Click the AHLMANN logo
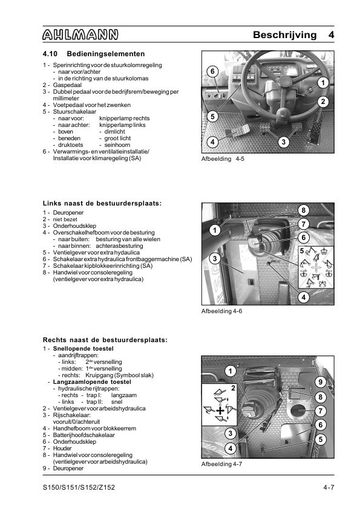pos(80,34)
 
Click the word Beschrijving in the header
pos(284,34)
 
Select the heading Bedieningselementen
pos(106,54)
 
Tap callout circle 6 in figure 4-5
pos(212,71)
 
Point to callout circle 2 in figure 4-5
pos(322,102)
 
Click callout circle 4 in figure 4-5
pos(212,142)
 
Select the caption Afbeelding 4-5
pos(223,159)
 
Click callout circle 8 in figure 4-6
pos(304,210)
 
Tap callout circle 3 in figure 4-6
pos(215,259)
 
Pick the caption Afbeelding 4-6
pos(222,311)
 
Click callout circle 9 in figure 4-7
pos(320,382)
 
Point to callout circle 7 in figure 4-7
pos(320,411)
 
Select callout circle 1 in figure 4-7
pos(231,371)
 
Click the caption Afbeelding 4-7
pos(222,464)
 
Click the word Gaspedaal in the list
pos(67,85)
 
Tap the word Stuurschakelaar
pos(75,112)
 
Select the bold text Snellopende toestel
pos(83,349)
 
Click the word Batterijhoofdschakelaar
pos(84,435)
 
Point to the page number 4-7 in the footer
pos(329,487)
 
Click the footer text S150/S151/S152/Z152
pos(79,487)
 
